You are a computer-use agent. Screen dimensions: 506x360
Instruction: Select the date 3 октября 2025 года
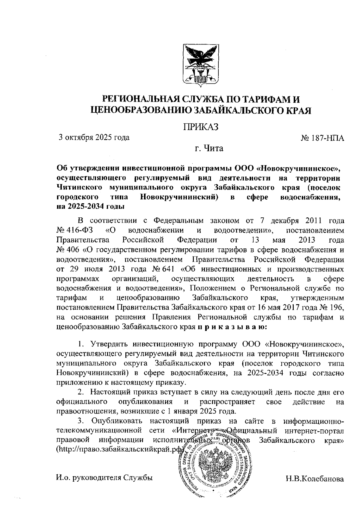pyautogui.click(x=94, y=138)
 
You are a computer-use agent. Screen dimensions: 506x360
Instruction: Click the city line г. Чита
pyautogui.click(x=209, y=148)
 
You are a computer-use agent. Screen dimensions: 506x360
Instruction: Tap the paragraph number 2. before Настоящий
pyautogui.click(x=80, y=392)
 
